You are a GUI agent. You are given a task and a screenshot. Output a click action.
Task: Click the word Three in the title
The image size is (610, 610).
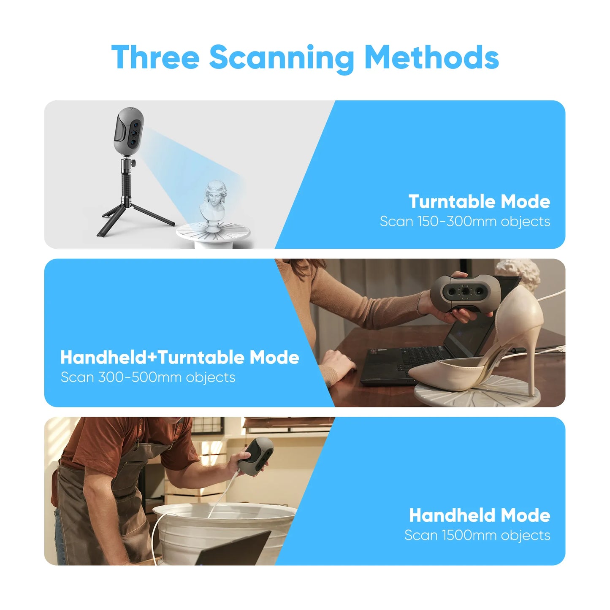155,57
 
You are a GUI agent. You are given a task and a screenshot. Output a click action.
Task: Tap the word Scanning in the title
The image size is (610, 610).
282,57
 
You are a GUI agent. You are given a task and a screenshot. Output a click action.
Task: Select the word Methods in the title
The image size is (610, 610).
431,57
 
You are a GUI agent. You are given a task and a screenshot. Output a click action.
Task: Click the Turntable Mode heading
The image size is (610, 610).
479,201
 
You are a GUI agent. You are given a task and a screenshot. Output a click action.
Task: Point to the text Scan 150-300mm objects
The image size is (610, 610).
465,221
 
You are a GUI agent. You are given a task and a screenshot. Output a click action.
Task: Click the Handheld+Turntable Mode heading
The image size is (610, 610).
179,357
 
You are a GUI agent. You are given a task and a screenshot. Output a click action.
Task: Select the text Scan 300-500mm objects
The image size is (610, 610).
148,377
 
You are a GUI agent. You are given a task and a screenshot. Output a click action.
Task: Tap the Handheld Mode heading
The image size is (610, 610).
480,515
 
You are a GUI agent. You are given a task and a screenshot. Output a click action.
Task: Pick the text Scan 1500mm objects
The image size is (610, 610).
477,535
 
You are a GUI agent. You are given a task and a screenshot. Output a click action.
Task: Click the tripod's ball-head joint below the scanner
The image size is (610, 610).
126,163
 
